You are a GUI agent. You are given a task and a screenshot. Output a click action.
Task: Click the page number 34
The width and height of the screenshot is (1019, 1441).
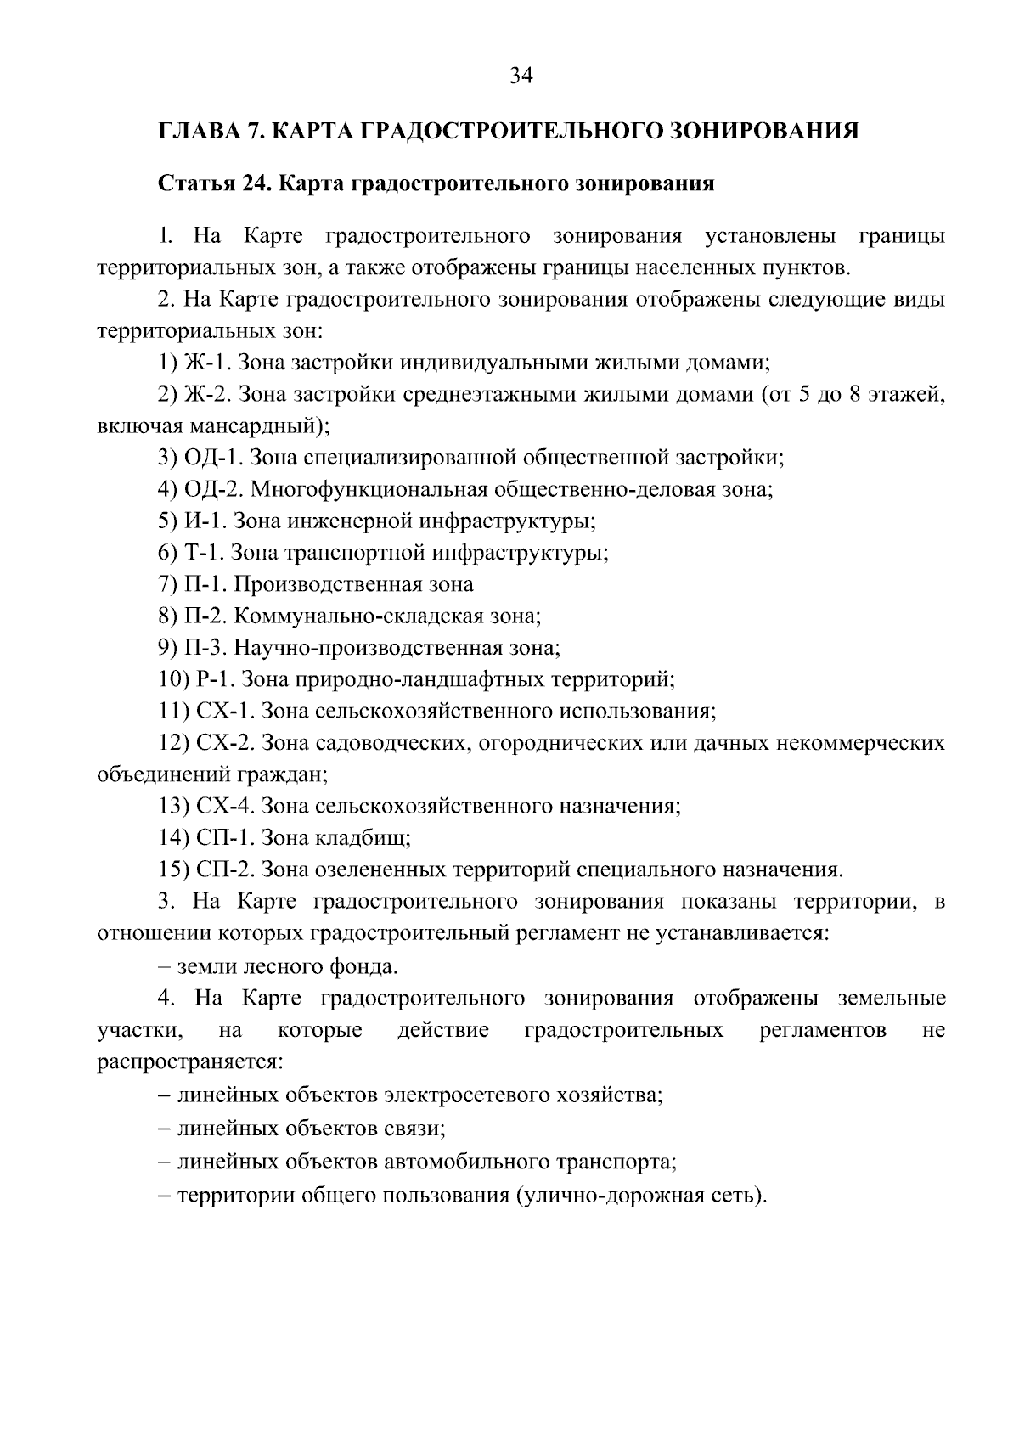point(521,76)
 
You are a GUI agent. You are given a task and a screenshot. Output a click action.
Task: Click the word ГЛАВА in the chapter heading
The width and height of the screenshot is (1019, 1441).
point(195,131)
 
